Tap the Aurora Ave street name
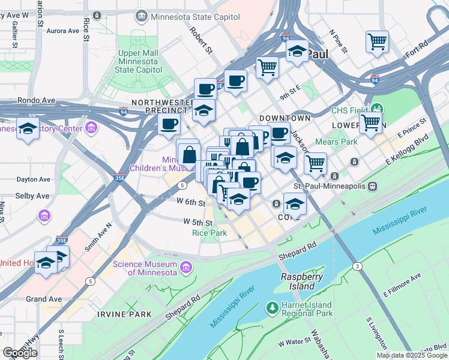(x=63, y=31)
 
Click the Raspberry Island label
(x=303, y=281)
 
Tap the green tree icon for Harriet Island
(x=273, y=307)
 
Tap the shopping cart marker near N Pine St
(x=377, y=42)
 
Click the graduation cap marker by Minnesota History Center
(x=28, y=129)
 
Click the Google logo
(x=20, y=352)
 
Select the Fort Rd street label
(x=417, y=49)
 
